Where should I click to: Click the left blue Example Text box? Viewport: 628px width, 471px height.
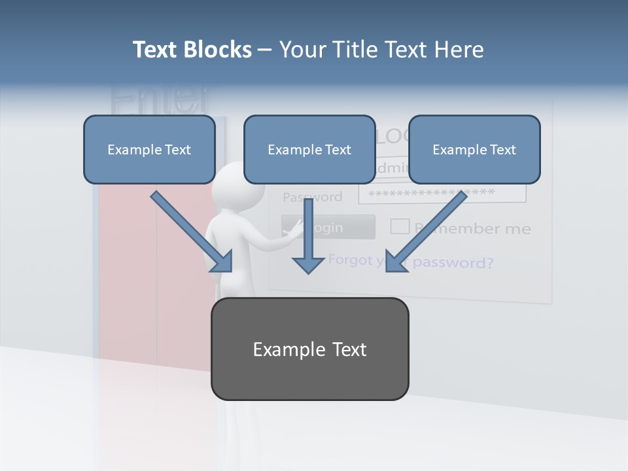coord(149,149)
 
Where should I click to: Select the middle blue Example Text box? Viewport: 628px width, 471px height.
coord(309,149)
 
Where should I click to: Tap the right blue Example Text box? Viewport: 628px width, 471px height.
coord(474,149)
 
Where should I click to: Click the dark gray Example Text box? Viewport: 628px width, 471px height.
coord(309,349)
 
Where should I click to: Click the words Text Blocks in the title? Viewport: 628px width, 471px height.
coord(192,50)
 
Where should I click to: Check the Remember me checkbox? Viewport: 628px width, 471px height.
coord(400,226)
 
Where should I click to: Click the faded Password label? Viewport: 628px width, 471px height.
coord(312,197)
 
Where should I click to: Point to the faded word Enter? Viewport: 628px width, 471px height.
coord(160,98)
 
